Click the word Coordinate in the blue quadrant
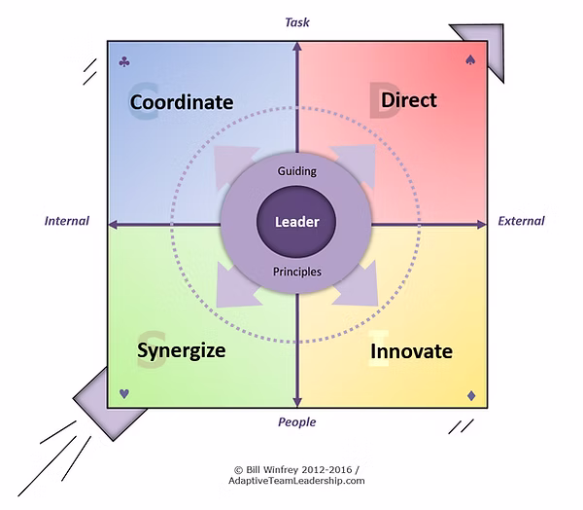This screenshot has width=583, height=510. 182,101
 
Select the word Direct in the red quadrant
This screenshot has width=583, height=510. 408,99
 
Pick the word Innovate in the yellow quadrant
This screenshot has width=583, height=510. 411,350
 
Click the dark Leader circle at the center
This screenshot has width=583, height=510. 297,221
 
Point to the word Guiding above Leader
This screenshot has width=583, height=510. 297,171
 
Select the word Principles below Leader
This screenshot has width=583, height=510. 297,272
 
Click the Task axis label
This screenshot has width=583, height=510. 297,20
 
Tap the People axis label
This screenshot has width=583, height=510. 297,422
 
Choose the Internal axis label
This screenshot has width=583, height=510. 67,221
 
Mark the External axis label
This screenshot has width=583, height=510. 522,221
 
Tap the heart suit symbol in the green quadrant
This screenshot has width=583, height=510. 124,394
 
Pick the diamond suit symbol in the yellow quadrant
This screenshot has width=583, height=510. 470,394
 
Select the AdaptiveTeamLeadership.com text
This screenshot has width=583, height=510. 297,480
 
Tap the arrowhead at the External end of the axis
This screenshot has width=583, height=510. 482,224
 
